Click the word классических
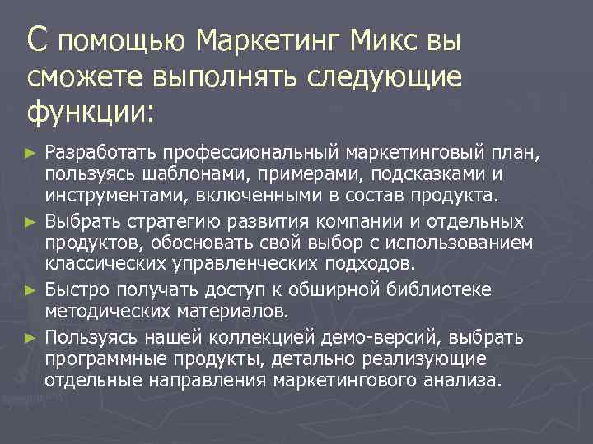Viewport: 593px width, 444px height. click(106, 265)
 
